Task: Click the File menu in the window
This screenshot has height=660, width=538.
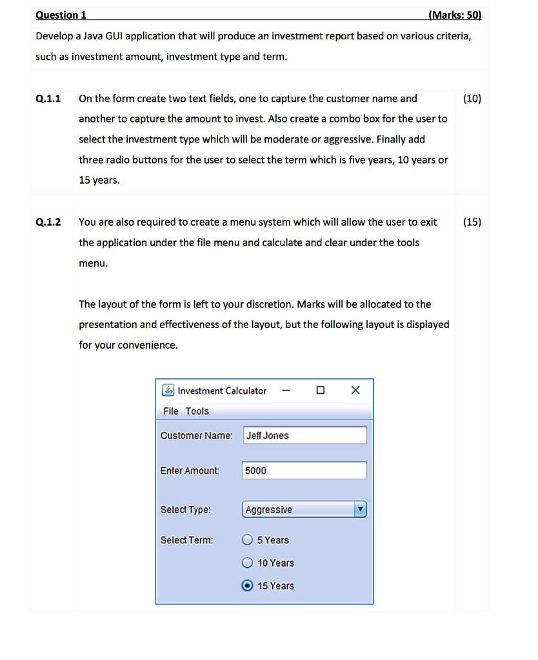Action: coord(171,411)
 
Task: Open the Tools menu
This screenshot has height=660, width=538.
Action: coord(197,411)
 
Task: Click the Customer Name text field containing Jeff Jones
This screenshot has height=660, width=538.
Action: coord(304,436)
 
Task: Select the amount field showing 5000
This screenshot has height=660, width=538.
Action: coord(304,471)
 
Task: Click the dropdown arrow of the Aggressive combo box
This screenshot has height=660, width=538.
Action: coord(361,510)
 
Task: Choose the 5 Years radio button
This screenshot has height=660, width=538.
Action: coord(247,540)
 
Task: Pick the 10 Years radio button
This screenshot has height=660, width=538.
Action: coord(247,563)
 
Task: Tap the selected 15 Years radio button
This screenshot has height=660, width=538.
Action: coord(247,586)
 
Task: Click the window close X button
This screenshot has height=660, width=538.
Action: coord(355,391)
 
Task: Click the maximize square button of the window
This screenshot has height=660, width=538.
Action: coord(321,391)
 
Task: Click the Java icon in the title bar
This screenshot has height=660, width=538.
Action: coord(168,391)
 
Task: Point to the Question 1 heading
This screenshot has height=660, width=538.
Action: coord(61,15)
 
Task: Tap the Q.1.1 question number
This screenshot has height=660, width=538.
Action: coord(49,99)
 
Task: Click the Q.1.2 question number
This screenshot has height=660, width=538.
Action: coord(49,222)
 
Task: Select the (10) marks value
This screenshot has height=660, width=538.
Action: coord(472,99)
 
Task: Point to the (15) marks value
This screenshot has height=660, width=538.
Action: coord(472,222)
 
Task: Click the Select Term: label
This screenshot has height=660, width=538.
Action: coord(186,540)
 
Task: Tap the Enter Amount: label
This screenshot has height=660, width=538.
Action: coord(190,471)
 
